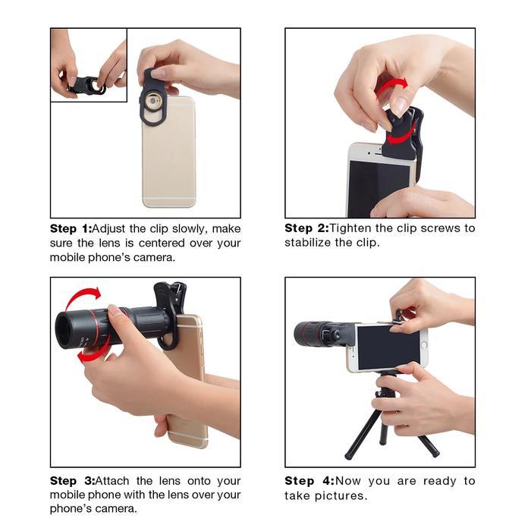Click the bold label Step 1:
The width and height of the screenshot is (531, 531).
(71, 228)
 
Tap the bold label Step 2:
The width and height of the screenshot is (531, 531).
(306, 228)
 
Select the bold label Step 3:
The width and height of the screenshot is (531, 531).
(71, 481)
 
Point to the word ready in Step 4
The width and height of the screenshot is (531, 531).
(427, 481)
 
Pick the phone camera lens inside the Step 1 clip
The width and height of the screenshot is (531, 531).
(156, 100)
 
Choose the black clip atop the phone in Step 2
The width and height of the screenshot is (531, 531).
(402, 137)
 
